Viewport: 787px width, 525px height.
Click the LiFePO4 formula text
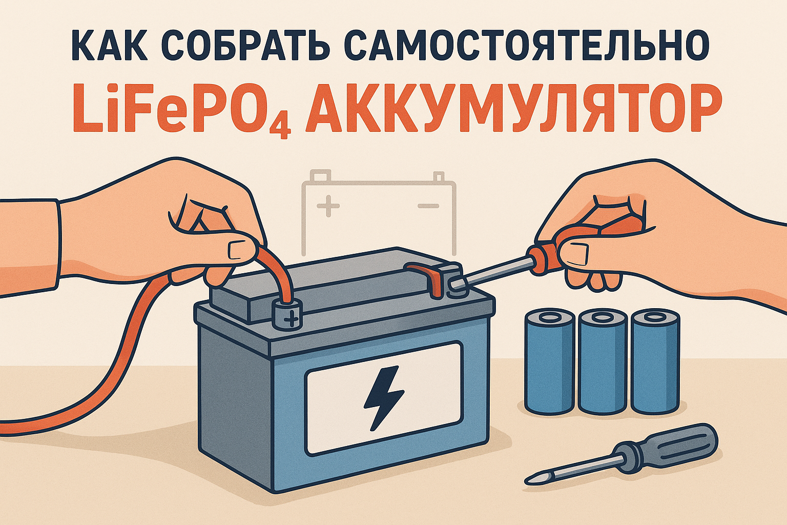(181, 111)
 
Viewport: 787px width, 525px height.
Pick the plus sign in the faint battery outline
(328, 206)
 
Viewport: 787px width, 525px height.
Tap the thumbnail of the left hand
(238, 250)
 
